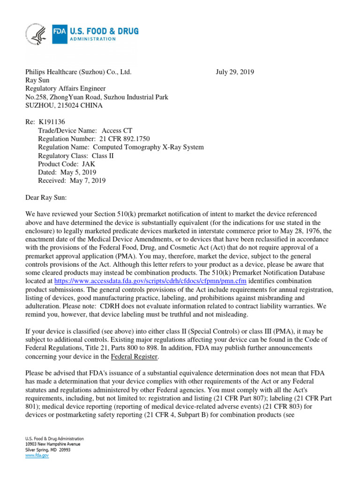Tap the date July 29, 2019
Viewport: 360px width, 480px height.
(x=235, y=72)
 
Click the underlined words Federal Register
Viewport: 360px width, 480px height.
(x=135, y=357)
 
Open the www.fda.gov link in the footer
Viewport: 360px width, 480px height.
(x=37, y=455)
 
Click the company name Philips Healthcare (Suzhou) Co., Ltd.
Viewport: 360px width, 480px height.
(x=78, y=72)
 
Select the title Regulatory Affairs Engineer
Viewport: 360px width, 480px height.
(x=65, y=89)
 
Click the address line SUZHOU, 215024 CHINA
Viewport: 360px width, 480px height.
(x=63, y=105)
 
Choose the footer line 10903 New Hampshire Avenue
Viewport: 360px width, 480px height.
(x=53, y=444)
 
